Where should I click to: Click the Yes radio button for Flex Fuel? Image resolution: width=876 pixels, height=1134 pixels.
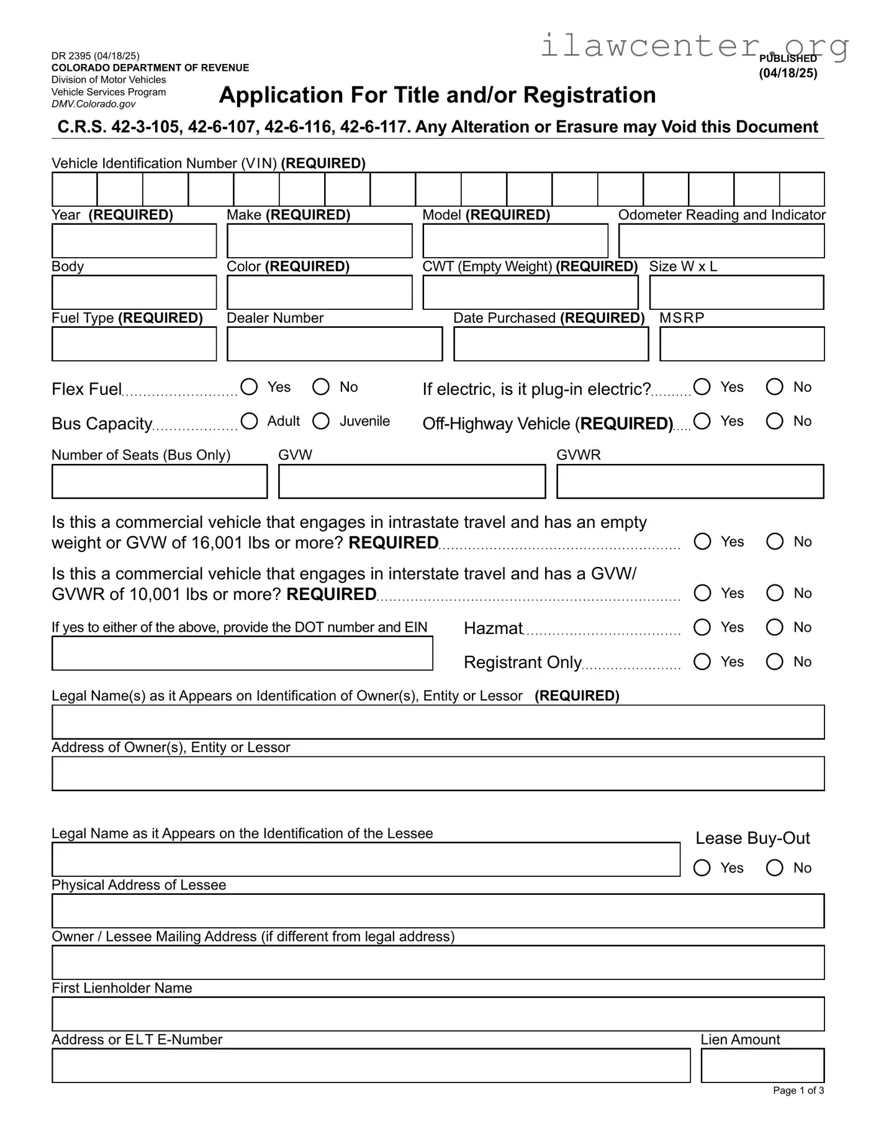pyautogui.click(x=249, y=387)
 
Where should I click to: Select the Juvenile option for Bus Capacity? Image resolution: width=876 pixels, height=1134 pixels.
pyautogui.click(x=321, y=421)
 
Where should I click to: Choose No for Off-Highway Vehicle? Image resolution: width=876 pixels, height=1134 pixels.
pyautogui.click(x=774, y=421)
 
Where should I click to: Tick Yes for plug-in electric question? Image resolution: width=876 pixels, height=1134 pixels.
pyautogui.click(x=702, y=387)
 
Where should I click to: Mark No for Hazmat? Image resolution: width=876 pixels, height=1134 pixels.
pyautogui.click(x=774, y=627)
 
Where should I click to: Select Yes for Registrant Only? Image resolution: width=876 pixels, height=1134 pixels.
pyautogui.click(x=702, y=661)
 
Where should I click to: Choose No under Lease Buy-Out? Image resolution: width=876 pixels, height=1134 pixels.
pyautogui.click(x=774, y=868)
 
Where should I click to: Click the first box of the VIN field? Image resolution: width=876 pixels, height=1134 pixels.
pyautogui.click(x=75, y=189)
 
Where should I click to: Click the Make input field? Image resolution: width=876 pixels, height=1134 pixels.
pyautogui.click(x=319, y=241)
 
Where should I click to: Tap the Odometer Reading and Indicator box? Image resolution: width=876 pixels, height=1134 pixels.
pyautogui.click(x=721, y=241)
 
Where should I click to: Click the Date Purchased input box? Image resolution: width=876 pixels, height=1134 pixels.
pyautogui.click(x=551, y=344)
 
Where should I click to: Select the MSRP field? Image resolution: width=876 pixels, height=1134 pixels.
pyautogui.click(x=741, y=344)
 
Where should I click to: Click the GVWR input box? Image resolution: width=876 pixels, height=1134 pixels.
pyautogui.click(x=690, y=481)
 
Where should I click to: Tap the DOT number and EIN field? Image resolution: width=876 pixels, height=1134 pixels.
pyautogui.click(x=242, y=653)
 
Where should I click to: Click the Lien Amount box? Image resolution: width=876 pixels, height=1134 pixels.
pyautogui.click(x=762, y=1066)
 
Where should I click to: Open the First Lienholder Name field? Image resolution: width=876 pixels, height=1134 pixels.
pyautogui.click(x=438, y=1014)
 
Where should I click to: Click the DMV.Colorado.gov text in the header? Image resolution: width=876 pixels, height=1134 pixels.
pyautogui.click(x=93, y=104)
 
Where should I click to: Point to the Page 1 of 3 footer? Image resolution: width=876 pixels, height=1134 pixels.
pyautogui.click(x=798, y=1091)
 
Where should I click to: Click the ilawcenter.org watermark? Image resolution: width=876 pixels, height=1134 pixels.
pyautogui.click(x=694, y=45)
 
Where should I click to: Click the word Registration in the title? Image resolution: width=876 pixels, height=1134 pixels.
pyautogui.click(x=589, y=95)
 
